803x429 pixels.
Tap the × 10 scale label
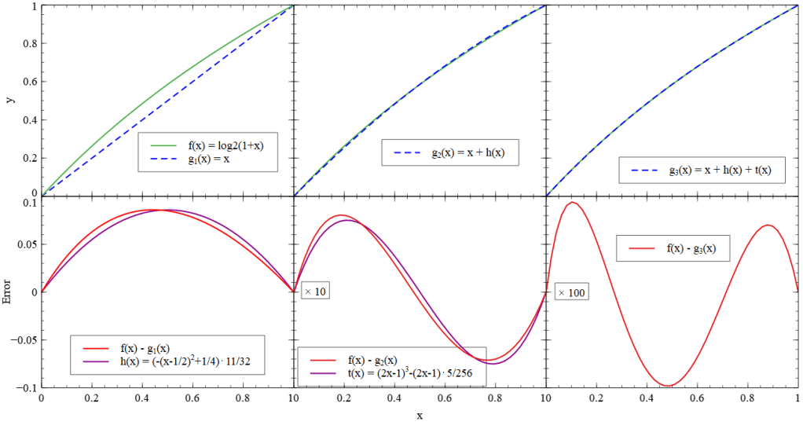tap(315, 291)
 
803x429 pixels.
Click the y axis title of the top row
tap(9, 99)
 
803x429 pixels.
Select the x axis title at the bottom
tap(420, 415)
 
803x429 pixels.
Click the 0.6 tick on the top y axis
tap(30, 81)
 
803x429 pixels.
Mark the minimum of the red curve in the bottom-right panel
tap(668, 386)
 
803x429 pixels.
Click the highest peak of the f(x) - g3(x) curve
tap(574, 202)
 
